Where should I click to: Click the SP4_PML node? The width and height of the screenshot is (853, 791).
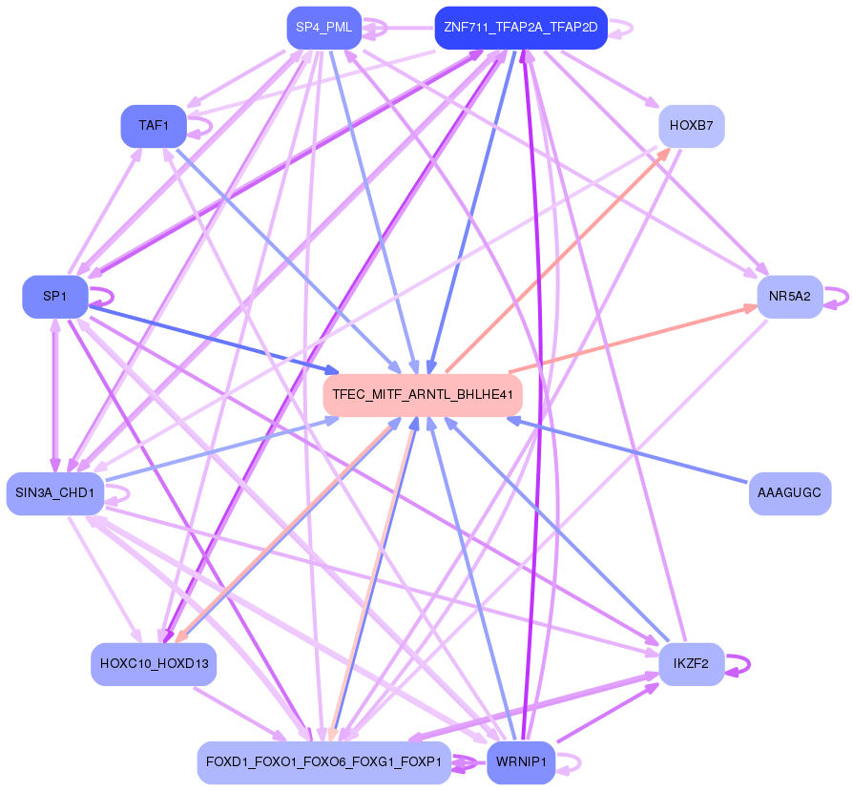pyautogui.click(x=324, y=28)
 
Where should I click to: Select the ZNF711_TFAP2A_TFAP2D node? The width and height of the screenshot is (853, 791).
pyautogui.click(x=521, y=28)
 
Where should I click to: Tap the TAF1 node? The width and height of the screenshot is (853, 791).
pyautogui.click(x=154, y=126)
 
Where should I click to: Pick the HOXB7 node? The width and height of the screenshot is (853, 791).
pyautogui.click(x=691, y=126)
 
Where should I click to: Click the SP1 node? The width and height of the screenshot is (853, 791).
pyautogui.click(x=55, y=297)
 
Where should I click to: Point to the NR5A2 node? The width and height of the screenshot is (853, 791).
pyautogui.click(x=789, y=297)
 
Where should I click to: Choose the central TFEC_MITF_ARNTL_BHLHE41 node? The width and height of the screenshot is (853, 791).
pyautogui.click(x=423, y=395)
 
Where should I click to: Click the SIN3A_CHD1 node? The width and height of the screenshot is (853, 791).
pyautogui.click(x=55, y=493)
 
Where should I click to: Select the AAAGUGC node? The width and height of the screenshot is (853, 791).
pyautogui.click(x=789, y=493)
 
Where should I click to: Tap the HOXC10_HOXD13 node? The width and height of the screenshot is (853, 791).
pyautogui.click(x=154, y=664)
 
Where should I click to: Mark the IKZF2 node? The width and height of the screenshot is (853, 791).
pyautogui.click(x=691, y=664)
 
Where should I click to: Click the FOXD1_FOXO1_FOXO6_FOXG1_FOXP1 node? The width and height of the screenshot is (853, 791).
pyautogui.click(x=324, y=762)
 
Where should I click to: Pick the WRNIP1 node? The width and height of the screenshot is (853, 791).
pyautogui.click(x=521, y=762)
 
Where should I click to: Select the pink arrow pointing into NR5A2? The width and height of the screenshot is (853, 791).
pyautogui.click(x=634, y=339)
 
